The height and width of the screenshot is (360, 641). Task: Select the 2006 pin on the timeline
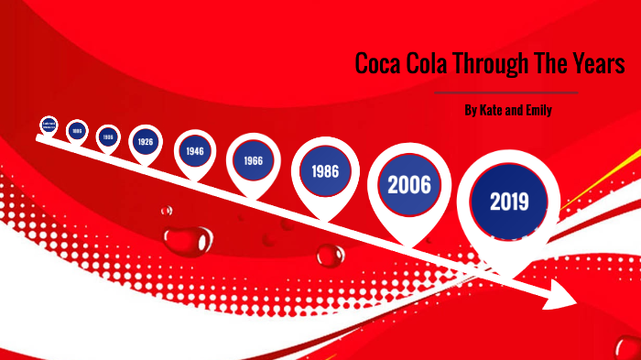click(409, 183)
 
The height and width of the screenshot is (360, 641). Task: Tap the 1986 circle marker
click(325, 171)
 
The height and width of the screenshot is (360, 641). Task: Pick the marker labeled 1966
click(253, 159)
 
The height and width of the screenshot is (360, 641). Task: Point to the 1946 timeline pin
click(194, 150)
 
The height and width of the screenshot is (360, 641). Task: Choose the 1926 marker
click(145, 142)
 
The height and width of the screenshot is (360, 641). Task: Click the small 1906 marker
click(108, 136)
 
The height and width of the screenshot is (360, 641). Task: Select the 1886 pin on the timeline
click(78, 131)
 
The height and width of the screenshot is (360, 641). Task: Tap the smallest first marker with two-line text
click(49, 125)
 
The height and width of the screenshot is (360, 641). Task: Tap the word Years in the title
click(601, 65)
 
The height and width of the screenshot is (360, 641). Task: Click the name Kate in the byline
click(494, 111)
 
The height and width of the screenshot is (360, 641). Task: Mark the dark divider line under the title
click(506, 93)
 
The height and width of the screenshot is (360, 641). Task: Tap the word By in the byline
click(471, 111)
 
